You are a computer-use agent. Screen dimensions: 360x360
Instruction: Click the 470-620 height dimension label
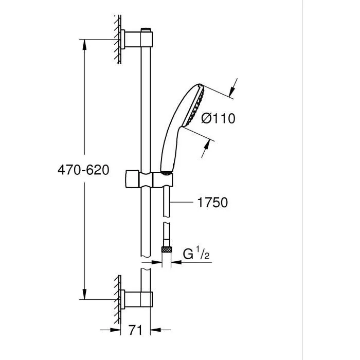tap(83, 170)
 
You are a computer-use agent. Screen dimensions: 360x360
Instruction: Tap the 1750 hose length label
tap(211, 203)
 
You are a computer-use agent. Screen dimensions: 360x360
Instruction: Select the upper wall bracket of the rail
tap(138, 40)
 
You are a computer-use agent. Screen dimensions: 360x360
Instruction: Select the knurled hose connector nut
tap(166, 249)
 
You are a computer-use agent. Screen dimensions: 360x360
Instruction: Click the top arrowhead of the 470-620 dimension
tap(84, 43)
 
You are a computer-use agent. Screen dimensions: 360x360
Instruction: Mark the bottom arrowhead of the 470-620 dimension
tap(84, 295)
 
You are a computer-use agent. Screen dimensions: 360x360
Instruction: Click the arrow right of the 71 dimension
tap(155, 329)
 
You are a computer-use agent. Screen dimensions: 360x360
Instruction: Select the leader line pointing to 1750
tap(183, 203)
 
